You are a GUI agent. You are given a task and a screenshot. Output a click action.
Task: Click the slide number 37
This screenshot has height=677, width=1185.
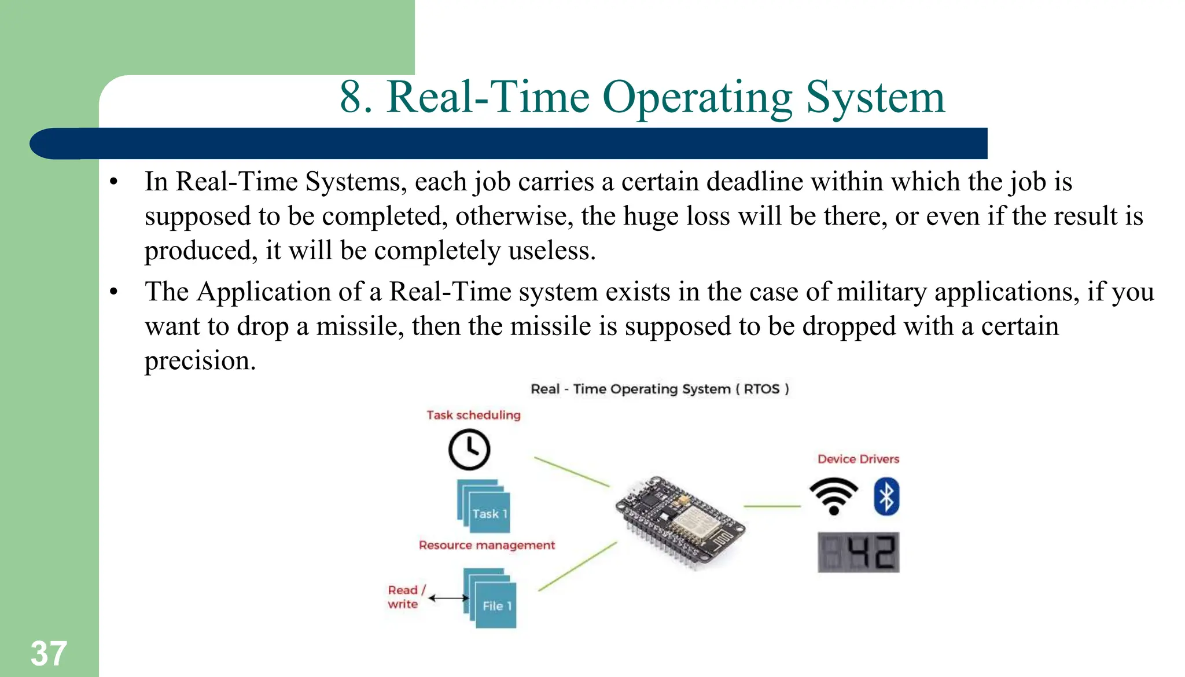coord(49,653)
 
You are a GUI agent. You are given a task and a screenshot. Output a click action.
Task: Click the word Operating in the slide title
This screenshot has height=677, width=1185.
coord(697,97)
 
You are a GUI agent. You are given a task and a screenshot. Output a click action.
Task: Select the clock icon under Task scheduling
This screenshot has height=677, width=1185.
coord(469,450)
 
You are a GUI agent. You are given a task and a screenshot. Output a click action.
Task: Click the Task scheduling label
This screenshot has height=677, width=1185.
coord(473,415)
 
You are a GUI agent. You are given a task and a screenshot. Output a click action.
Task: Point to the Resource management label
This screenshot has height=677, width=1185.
coord(487,545)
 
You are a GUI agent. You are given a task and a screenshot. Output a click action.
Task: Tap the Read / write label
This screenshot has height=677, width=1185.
coord(404,597)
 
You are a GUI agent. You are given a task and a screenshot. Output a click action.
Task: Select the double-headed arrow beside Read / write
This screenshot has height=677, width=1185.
coord(448,598)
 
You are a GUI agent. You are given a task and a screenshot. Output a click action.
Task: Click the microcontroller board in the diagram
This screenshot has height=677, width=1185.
coord(679,520)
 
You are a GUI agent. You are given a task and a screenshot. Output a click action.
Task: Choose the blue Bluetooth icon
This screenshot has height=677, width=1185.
coord(886,496)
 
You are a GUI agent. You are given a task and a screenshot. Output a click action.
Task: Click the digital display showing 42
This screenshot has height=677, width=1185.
coord(859,553)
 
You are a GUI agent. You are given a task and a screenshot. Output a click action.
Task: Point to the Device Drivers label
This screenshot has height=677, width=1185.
coord(858,459)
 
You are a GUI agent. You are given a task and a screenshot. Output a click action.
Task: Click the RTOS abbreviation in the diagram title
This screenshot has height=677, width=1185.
coord(761,389)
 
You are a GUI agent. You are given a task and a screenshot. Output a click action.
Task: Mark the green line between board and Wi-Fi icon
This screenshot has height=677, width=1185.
coord(772,506)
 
